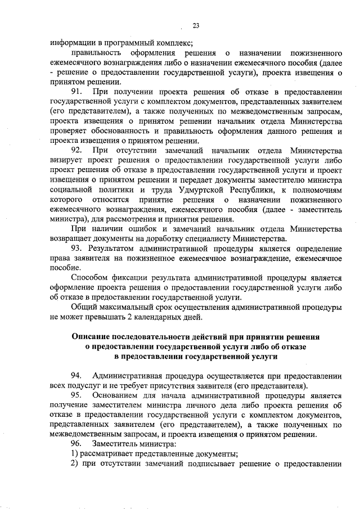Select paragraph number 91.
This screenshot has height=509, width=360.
(x=77, y=91)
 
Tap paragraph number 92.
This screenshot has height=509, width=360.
(x=77, y=150)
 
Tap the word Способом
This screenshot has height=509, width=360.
(x=90, y=277)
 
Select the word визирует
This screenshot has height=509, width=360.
(x=65, y=160)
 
